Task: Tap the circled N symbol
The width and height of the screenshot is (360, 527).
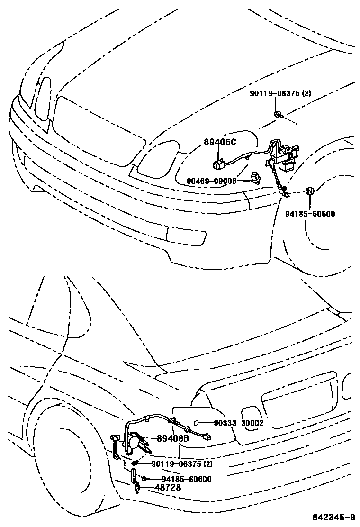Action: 309,191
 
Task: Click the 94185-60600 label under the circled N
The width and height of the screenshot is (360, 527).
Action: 310,214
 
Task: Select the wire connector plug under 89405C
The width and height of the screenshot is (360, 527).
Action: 219,164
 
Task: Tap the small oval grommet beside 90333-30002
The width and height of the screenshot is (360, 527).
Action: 197,423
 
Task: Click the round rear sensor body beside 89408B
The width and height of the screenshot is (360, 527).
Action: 134,443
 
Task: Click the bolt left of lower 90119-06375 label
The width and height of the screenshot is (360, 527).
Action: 135,463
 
